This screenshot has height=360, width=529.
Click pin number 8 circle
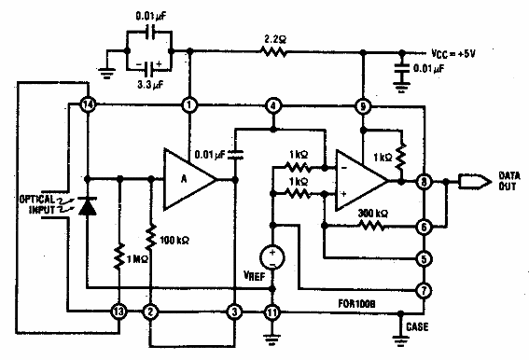425,184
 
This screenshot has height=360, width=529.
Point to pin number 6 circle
425,227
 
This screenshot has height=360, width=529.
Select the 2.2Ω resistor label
273,40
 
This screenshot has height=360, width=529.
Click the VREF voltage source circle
272,255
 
